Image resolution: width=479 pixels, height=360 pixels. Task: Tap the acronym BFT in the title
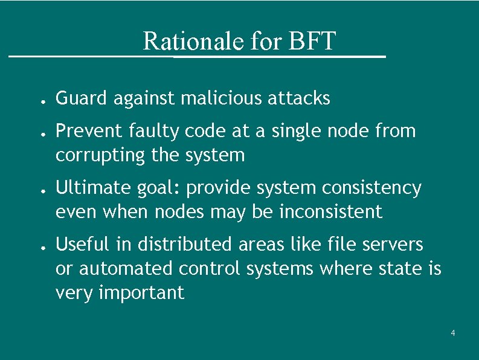[312, 42]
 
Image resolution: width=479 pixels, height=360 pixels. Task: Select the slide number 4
[453, 333]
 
